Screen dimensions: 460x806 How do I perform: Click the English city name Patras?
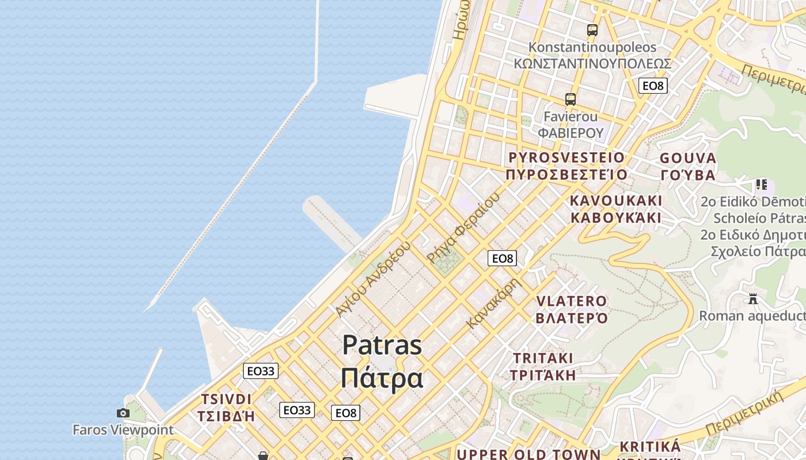pyautogui.click(x=382, y=345)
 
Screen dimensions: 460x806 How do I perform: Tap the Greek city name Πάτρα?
pyautogui.click(x=382, y=378)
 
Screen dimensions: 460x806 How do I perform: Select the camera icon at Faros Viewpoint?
pyautogui.click(x=123, y=413)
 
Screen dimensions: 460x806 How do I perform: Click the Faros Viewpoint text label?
pyautogui.click(x=123, y=430)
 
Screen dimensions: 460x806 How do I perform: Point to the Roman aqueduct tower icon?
pyautogui.click(x=752, y=299)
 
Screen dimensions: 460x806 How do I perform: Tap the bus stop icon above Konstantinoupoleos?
pyautogui.click(x=592, y=30)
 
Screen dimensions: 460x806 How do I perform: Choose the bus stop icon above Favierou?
pyautogui.click(x=571, y=99)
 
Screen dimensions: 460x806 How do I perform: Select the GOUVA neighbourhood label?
pyautogui.click(x=688, y=158)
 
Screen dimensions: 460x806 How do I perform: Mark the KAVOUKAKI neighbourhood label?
pyautogui.click(x=616, y=201)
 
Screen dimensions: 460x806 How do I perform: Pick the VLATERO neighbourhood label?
pyautogui.click(x=572, y=301)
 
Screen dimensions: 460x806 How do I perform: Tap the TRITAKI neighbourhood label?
pyautogui.click(x=543, y=358)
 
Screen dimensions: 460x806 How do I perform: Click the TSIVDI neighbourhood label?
pyautogui.click(x=226, y=399)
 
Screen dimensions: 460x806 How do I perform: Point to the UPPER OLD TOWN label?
pyautogui.click(x=529, y=454)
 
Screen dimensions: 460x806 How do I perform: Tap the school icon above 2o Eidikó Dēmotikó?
pyautogui.click(x=762, y=185)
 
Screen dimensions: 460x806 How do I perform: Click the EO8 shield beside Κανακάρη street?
pyautogui.click(x=502, y=259)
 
